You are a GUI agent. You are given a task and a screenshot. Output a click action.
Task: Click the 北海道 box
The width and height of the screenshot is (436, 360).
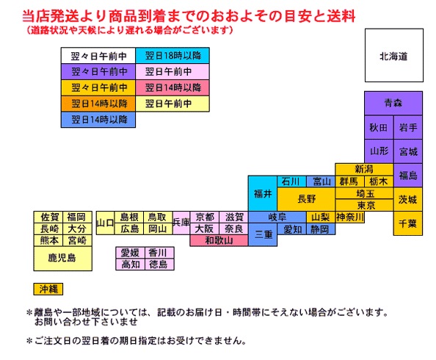pyautogui.click(x=394, y=55)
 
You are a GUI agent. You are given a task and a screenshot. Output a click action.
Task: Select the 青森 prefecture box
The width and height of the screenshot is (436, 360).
pyautogui.click(x=393, y=103)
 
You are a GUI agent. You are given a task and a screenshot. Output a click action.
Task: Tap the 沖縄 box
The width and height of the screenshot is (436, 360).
pyautogui.click(x=48, y=289)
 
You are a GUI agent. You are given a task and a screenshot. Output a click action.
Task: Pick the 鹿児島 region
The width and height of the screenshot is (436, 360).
pyautogui.click(x=62, y=259)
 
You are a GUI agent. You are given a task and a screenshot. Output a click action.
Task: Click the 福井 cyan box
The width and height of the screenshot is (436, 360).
pyautogui.click(x=263, y=193)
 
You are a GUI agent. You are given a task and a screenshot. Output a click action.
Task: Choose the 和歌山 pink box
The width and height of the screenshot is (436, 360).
pyautogui.click(x=219, y=240)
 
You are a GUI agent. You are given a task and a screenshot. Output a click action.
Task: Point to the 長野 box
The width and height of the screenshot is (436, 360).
pyautogui.click(x=306, y=199)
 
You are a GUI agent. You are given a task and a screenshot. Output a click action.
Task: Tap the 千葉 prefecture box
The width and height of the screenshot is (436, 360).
pyautogui.click(x=408, y=223)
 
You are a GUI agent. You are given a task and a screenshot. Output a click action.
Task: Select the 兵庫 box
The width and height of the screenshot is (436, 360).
pyautogui.click(x=181, y=223)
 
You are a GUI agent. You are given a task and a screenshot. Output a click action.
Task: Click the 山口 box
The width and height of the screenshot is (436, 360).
pyautogui.click(x=105, y=223)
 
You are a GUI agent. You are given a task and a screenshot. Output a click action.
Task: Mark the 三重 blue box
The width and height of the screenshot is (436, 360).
pyautogui.click(x=263, y=234)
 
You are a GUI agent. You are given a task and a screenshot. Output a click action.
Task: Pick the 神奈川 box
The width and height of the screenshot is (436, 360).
pyautogui.click(x=350, y=217)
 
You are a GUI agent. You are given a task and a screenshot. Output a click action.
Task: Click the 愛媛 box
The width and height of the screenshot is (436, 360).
pyautogui.click(x=130, y=253)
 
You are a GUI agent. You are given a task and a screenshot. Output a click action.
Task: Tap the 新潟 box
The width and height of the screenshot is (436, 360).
pyautogui.click(x=364, y=169)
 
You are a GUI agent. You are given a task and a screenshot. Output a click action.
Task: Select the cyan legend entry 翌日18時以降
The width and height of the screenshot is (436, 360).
pyautogui.click(x=172, y=55)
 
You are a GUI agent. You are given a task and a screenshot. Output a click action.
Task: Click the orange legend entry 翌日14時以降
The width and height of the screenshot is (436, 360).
pyautogui.click(x=98, y=104)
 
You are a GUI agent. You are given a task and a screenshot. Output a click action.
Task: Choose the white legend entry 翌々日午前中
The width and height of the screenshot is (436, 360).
pyautogui.click(x=98, y=55)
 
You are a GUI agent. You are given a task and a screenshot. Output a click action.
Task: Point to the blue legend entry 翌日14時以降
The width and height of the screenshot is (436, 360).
pyautogui.click(x=98, y=120)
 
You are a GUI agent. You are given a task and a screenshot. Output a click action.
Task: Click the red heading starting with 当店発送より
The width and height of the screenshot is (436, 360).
pyautogui.click(x=189, y=16)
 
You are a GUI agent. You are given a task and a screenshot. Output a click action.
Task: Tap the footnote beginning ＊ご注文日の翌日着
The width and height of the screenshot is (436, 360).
pyautogui.click(x=137, y=340)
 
